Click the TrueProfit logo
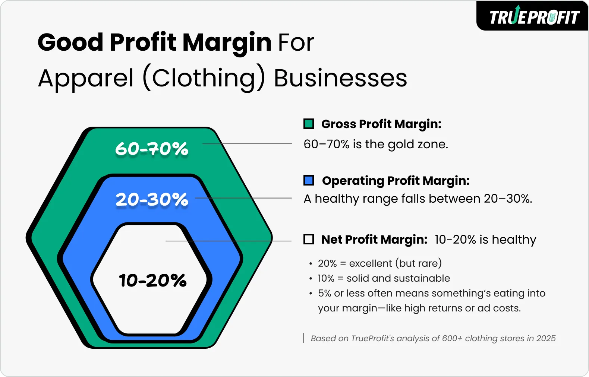tap(534, 17)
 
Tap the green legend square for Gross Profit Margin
tap(309, 124)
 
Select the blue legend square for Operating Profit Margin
tap(309, 180)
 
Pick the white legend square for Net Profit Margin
tap(309, 239)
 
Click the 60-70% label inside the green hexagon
tap(152, 149)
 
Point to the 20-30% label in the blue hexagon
tap(152, 199)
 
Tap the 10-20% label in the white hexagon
tap(152, 280)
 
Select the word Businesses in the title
tap(340, 78)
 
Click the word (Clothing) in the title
tap(204, 78)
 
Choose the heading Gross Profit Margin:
tap(381, 124)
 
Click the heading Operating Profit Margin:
tap(396, 181)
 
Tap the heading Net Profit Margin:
tap(374, 240)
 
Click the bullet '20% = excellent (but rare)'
tap(379, 263)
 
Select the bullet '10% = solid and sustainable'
tap(384, 278)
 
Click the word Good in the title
tap(70, 42)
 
